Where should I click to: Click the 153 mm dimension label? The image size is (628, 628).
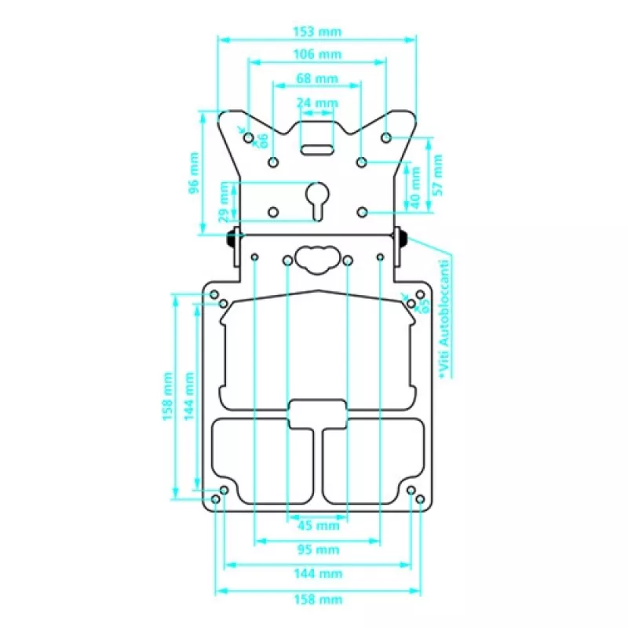(317, 31)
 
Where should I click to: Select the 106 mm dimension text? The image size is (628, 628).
(317, 54)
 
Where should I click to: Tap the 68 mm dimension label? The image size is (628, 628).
(317, 78)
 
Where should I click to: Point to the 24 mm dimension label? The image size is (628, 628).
(317, 103)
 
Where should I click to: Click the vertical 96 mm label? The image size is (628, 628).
(194, 173)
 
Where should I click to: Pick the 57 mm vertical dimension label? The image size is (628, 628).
(438, 175)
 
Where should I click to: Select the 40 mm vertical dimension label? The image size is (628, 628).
(416, 188)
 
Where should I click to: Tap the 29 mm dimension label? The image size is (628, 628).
(224, 202)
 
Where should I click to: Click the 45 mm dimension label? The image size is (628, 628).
(319, 525)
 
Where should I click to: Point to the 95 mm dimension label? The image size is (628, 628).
(319, 549)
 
